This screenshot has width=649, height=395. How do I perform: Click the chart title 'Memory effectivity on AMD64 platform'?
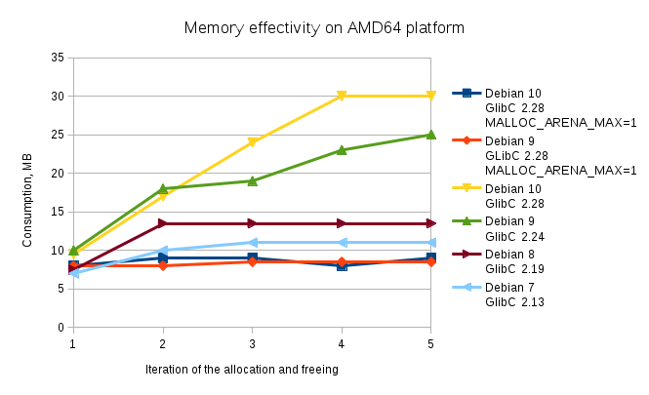tap(324, 28)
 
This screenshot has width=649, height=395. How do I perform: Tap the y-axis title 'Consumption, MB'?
tap(29, 192)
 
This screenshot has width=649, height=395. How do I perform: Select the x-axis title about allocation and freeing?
tap(241, 369)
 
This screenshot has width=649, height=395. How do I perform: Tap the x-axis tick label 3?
tap(252, 344)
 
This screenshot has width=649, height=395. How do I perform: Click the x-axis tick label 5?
tap(431, 344)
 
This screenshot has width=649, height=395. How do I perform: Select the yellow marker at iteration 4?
tap(342, 97)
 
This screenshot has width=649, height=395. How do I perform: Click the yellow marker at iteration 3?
tap(252, 142)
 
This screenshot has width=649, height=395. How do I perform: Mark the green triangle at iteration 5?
tap(431, 135)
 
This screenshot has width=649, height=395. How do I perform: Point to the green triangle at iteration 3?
tap(252, 180)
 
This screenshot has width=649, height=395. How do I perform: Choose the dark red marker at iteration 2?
tap(163, 223)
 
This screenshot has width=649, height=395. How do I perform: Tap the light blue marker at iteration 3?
tap(252, 242)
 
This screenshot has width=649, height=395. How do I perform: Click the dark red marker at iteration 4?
tap(342, 223)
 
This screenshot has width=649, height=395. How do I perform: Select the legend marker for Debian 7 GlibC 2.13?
tap(466, 288)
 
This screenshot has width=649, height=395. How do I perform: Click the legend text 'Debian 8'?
tap(509, 255)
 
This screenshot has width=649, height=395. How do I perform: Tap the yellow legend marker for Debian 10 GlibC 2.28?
tap(466, 188)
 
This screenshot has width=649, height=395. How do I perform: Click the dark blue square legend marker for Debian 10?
tap(466, 94)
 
